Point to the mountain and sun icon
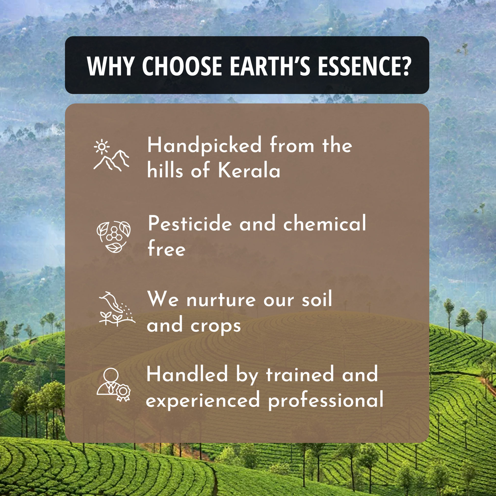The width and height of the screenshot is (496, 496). (111, 155)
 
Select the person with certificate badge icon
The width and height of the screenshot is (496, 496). (113, 385)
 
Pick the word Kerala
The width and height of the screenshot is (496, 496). (249, 170)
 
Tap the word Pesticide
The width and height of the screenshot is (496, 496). (190, 223)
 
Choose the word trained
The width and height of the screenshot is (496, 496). (300, 374)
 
